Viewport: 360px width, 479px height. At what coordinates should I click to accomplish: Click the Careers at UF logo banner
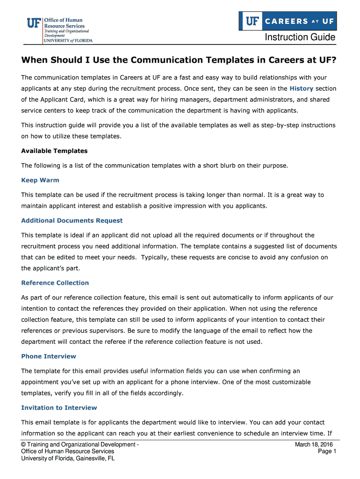(x=287, y=21)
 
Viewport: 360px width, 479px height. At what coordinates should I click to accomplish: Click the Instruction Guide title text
(x=300, y=37)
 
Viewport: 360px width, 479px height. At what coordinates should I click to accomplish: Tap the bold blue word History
(x=302, y=88)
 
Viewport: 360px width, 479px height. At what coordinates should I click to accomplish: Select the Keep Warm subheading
(x=40, y=180)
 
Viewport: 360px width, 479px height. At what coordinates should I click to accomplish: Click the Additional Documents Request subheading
(x=72, y=220)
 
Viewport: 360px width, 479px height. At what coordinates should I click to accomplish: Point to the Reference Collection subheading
(x=55, y=283)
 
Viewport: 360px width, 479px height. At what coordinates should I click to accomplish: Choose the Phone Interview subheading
(x=49, y=356)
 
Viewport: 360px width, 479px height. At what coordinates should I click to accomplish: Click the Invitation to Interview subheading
(x=59, y=407)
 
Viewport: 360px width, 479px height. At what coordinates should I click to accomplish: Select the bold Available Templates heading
(x=54, y=151)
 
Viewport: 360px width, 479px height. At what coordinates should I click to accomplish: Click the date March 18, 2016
(x=314, y=444)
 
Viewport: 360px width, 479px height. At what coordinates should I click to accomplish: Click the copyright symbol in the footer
(x=24, y=444)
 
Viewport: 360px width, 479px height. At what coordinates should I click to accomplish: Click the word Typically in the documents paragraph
(x=155, y=257)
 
